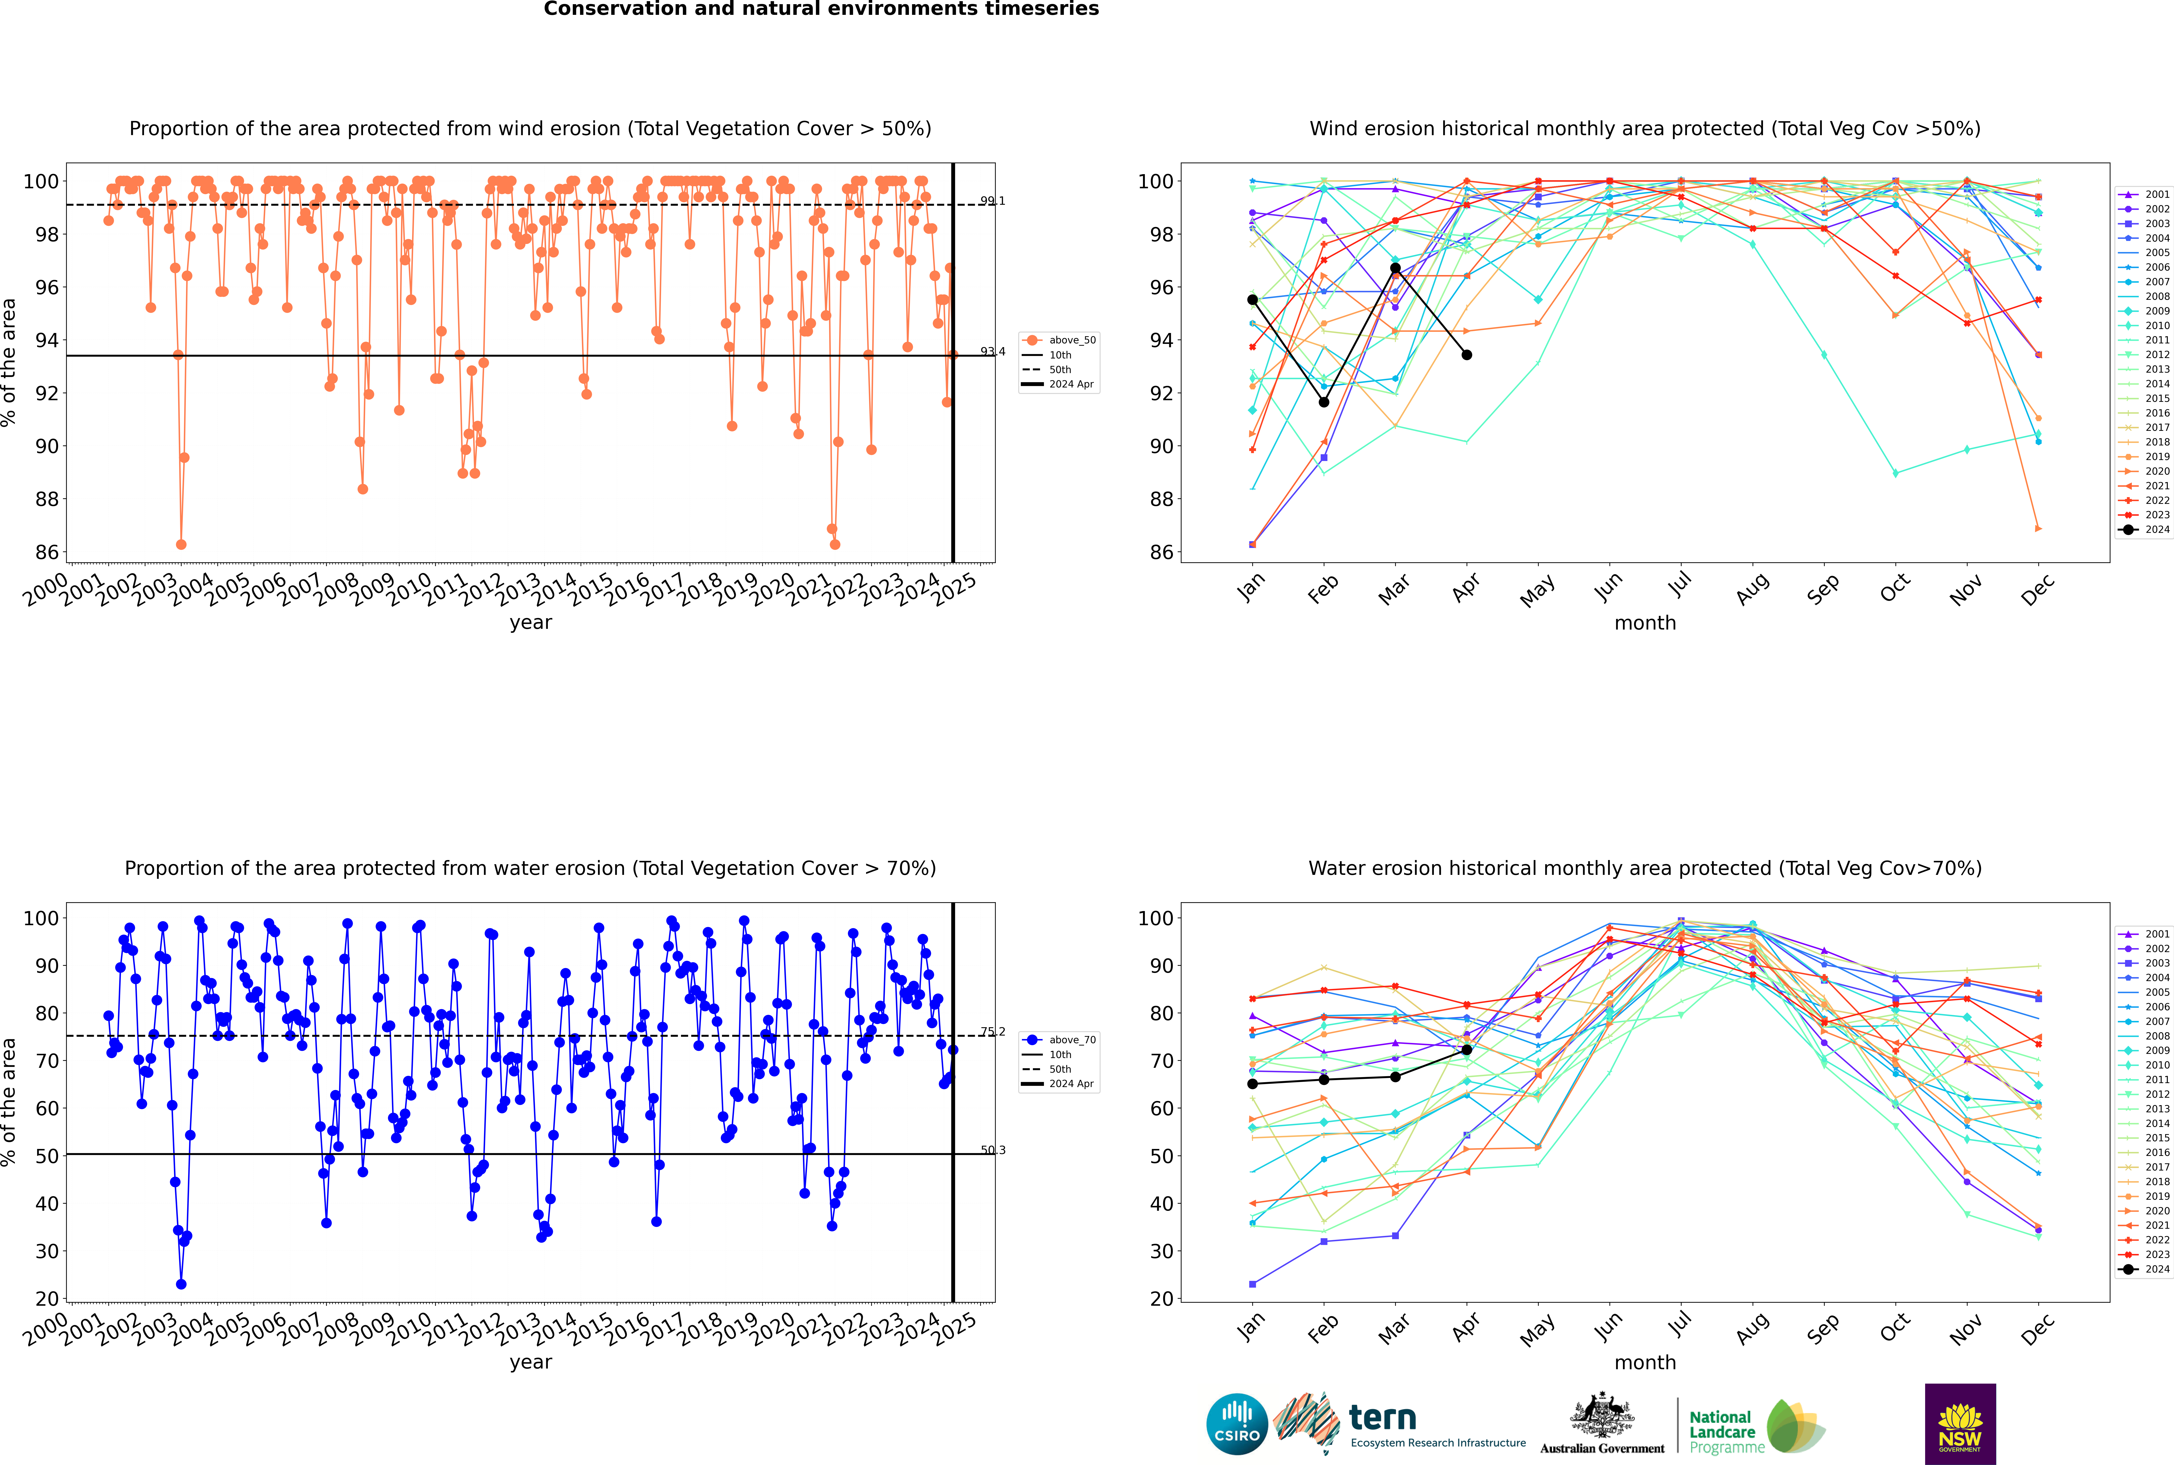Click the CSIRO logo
pyautogui.click(x=1236, y=1424)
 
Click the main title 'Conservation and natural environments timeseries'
pyautogui.click(x=821, y=9)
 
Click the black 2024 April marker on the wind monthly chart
pyautogui.click(x=1467, y=355)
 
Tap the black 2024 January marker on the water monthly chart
pyautogui.click(x=1252, y=1084)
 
